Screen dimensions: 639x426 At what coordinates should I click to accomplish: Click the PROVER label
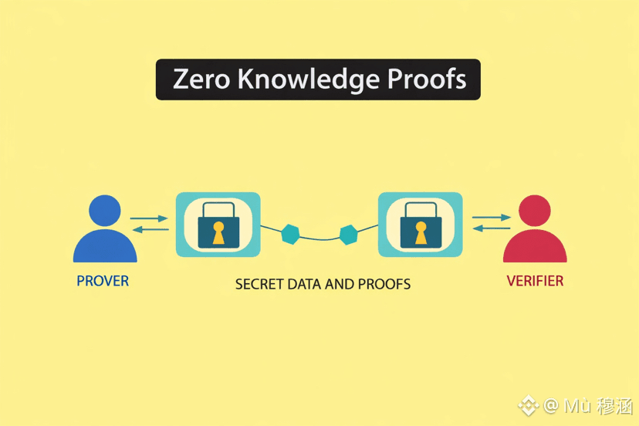(x=103, y=281)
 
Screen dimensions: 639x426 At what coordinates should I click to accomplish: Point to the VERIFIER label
(x=535, y=281)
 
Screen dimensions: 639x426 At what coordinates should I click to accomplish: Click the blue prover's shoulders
(x=105, y=247)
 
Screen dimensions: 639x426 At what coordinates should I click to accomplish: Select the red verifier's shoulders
(x=535, y=247)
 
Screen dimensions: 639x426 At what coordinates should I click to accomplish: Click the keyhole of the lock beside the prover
(x=218, y=232)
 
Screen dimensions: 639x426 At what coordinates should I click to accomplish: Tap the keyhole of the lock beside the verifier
(x=421, y=232)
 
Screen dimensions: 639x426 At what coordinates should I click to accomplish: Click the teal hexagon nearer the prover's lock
(x=290, y=235)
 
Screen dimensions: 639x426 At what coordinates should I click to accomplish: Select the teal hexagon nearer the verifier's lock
(x=349, y=234)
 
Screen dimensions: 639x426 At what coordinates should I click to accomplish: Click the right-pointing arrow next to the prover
(x=149, y=219)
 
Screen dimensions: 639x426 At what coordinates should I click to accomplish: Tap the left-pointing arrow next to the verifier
(x=491, y=228)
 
